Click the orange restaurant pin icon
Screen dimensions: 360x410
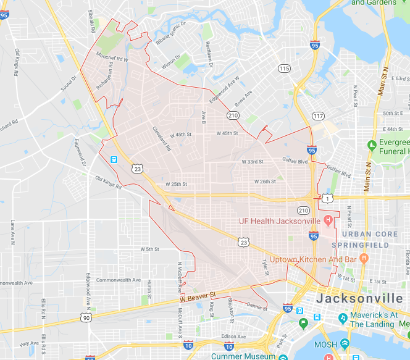(364, 257)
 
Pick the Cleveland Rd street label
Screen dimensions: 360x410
(162, 138)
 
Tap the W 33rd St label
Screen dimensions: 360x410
(252, 161)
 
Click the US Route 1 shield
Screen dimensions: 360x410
(327, 198)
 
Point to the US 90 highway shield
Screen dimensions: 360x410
(86, 317)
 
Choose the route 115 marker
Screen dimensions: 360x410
(283, 68)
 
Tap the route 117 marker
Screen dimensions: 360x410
(318, 116)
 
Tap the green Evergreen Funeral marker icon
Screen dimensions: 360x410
(372, 146)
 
